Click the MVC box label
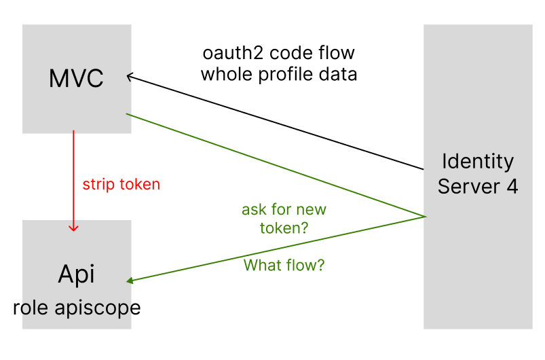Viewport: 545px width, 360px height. [76, 79]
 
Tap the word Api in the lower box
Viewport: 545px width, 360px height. [76, 274]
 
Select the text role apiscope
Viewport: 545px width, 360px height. [77, 307]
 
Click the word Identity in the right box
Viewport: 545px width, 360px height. [478, 162]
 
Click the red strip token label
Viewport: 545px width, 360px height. [121, 184]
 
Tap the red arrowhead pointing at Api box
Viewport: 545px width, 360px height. [74, 228]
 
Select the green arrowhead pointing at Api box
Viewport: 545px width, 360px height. [131, 280]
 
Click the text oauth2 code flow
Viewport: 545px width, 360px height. [278, 53]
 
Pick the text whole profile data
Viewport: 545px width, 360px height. [278, 74]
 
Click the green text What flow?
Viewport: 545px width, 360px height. [284, 265]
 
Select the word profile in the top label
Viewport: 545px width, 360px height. [287, 75]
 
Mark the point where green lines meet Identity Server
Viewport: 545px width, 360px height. [425, 217]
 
